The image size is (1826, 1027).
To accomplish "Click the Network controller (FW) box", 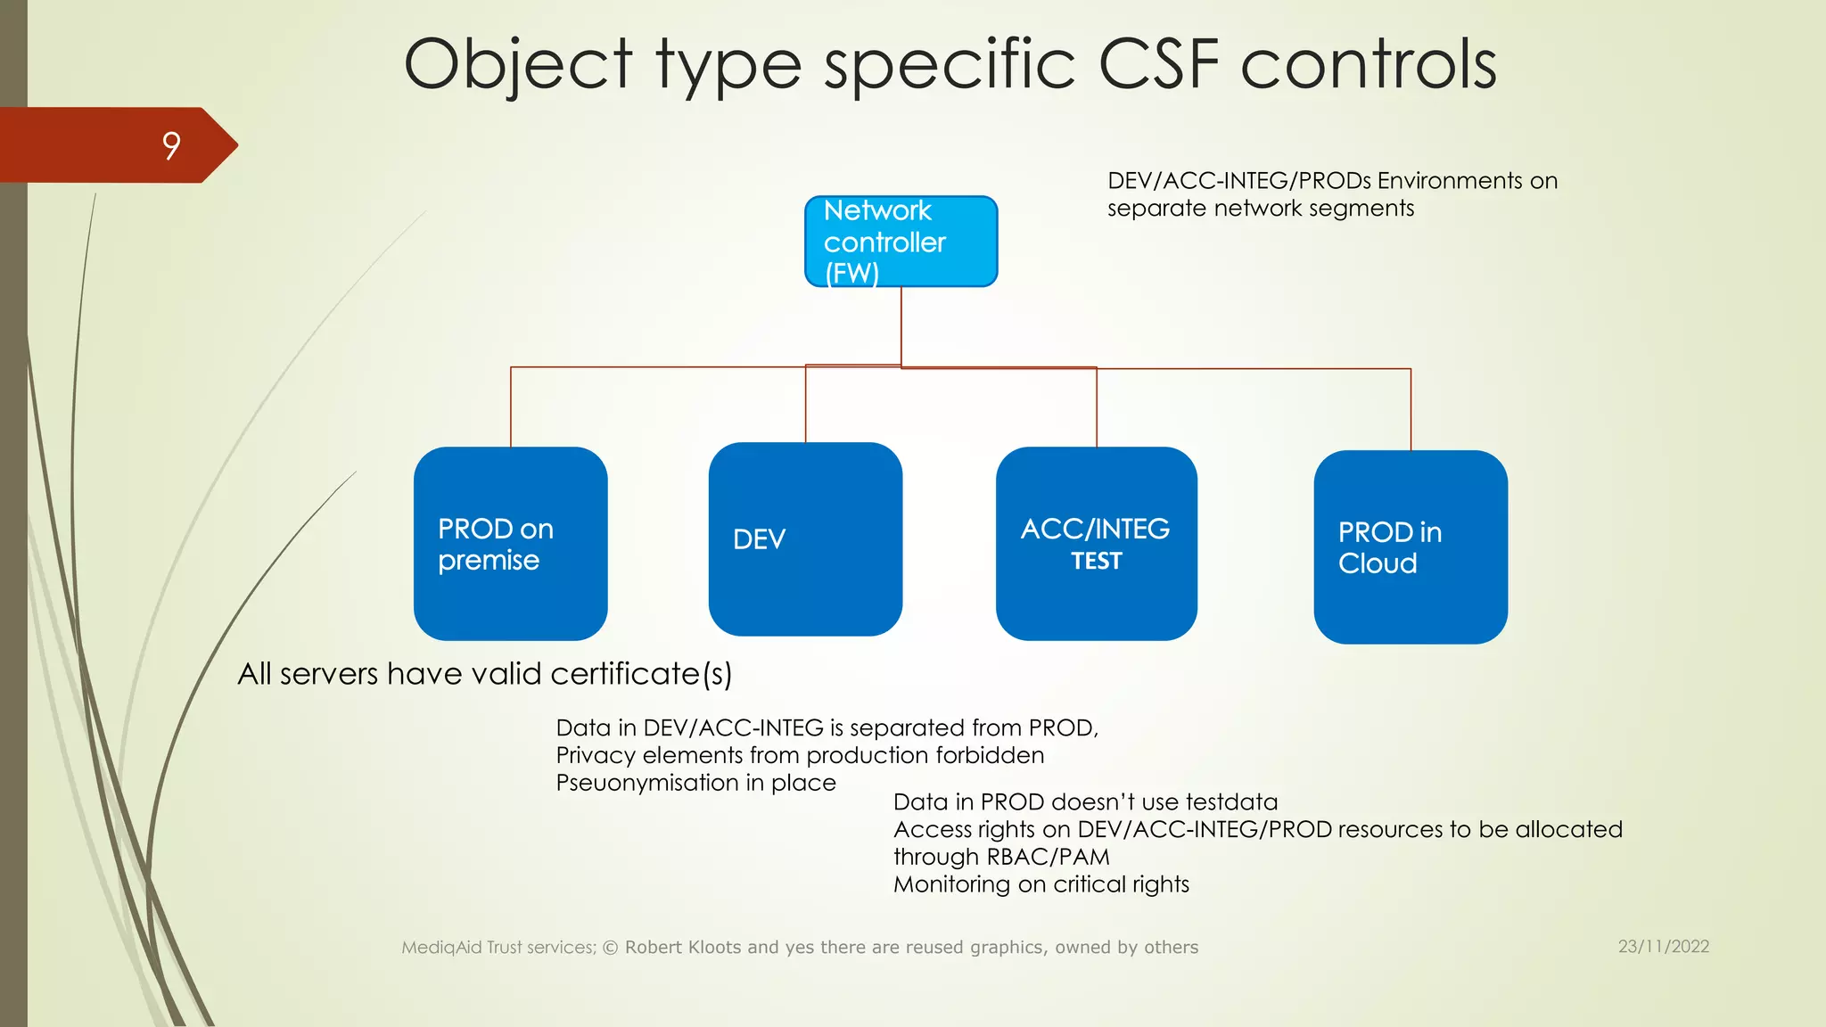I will point(901,242).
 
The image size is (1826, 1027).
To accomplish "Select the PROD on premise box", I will point(510,544).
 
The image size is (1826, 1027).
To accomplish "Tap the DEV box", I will point(805,539).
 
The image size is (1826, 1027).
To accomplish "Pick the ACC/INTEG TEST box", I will point(1096,544).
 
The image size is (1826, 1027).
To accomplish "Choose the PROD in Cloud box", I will point(1411,547).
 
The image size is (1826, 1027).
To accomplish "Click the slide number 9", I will point(171,145).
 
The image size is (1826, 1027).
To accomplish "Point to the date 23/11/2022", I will point(1664,947).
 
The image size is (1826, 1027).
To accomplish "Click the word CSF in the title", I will point(1159,64).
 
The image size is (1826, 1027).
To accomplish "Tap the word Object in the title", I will point(518,64).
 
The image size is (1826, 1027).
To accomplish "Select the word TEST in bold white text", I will point(1097,562).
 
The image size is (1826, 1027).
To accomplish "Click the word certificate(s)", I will point(641,674).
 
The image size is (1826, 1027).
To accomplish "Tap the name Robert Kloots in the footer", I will point(683,948).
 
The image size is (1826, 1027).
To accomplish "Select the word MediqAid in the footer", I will point(441,948).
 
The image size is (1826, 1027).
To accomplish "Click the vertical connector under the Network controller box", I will point(901,325).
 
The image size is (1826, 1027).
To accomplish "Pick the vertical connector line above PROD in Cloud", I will point(1411,410).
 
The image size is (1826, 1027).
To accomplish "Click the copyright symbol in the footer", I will point(611,948).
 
